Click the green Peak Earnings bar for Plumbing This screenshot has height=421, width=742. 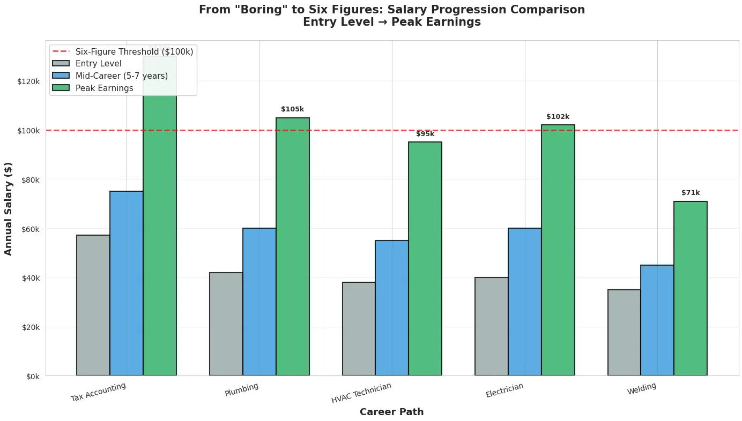tap(292, 246)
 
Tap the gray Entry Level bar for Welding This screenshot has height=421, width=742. tap(624, 332)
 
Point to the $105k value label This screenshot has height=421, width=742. tap(292, 109)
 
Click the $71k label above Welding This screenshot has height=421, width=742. tap(691, 193)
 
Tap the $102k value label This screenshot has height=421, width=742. tap(558, 117)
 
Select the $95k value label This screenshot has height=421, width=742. tap(425, 134)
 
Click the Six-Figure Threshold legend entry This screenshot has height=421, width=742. tap(134, 51)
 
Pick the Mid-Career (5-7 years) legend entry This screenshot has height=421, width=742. tap(121, 76)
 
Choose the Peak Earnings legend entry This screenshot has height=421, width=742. tap(104, 88)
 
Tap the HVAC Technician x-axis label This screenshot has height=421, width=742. tap(361, 393)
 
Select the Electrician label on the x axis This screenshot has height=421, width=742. tap(504, 390)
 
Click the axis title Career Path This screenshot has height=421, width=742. tap(391, 412)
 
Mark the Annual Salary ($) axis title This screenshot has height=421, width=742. tap(8, 208)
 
